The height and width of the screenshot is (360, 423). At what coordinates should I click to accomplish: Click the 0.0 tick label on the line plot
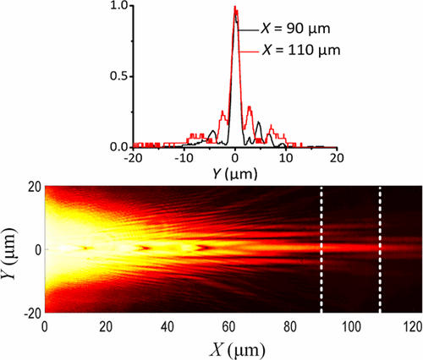(x=122, y=146)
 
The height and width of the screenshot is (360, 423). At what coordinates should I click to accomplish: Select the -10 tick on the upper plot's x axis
(x=184, y=158)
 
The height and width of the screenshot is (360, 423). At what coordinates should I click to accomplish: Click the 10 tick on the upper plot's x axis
(x=287, y=158)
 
